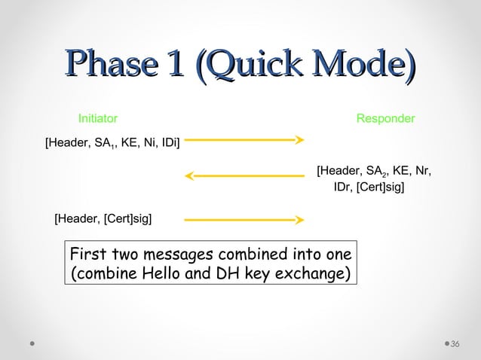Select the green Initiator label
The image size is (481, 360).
click(x=98, y=119)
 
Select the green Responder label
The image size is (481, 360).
click(x=385, y=119)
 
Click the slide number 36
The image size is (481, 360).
click(x=455, y=344)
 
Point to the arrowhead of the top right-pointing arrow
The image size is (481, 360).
click(x=299, y=139)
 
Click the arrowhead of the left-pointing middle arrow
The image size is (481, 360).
click(x=189, y=177)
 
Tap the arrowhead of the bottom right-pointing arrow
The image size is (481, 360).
click(x=299, y=220)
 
